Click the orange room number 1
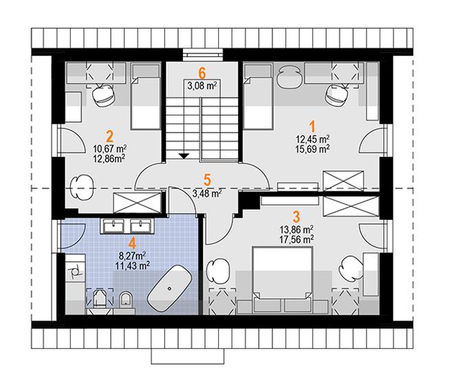312,126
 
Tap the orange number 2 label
110,136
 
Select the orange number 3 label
296,217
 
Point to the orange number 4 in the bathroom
132,243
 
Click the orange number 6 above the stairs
202,73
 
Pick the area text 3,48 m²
207,193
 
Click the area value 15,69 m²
312,149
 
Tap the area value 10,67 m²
110,149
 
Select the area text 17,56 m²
296,239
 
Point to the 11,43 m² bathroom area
133,265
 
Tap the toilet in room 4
126,300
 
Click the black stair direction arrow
184,156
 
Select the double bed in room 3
283,280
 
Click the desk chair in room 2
103,96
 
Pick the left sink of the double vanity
113,226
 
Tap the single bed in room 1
258,96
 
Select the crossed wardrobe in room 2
137,203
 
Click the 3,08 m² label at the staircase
202,86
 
